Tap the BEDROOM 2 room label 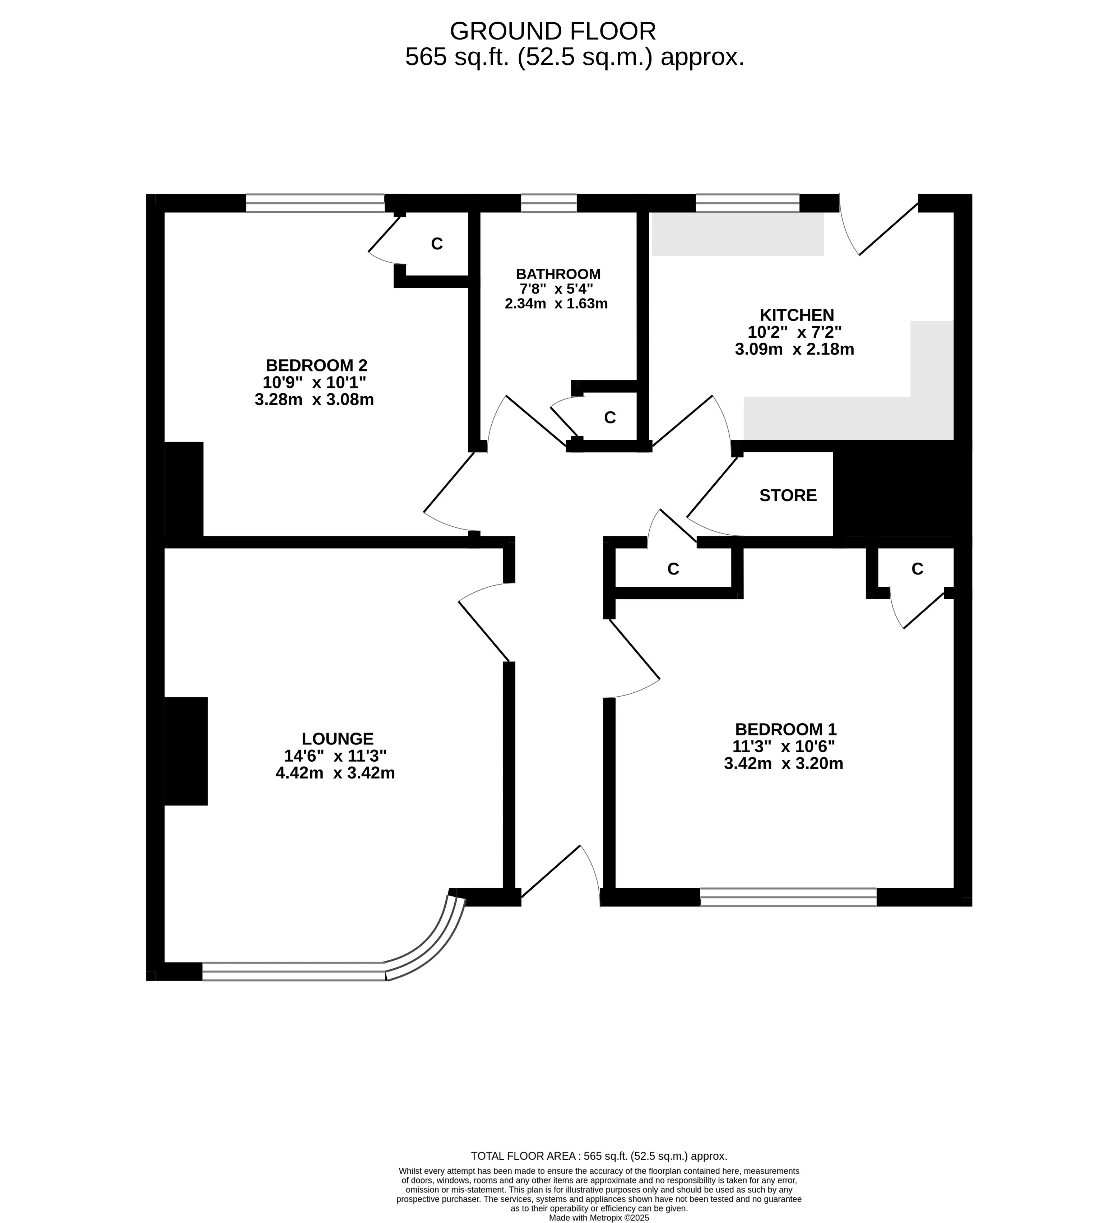pos(316,366)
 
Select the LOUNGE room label pos(338,739)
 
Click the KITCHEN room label pos(797,315)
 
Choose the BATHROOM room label pos(558,274)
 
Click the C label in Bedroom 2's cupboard pos(436,244)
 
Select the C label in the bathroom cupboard pos(610,417)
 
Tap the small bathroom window pos(549,203)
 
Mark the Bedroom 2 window pos(315,203)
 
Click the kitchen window pos(748,203)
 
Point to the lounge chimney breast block pos(186,751)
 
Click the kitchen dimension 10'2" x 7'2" pos(794,332)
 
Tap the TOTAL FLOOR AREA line pos(598,1156)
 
